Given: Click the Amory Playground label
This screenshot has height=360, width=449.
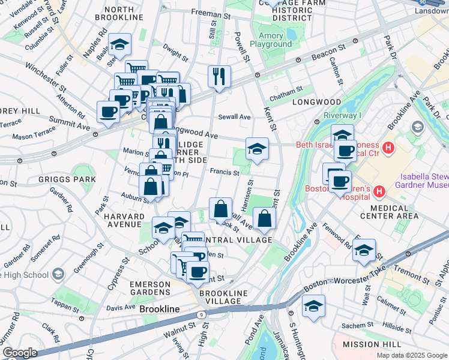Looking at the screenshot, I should pyautogui.click(x=271, y=40).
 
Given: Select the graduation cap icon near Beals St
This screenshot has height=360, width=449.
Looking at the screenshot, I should pyautogui.click(x=120, y=44).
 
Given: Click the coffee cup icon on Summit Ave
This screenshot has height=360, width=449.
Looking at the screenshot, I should pyautogui.click(x=108, y=112).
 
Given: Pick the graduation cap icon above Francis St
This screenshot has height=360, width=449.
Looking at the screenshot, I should pyautogui.click(x=256, y=149).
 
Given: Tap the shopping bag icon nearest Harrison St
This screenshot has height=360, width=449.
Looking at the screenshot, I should pyautogui.click(x=221, y=209).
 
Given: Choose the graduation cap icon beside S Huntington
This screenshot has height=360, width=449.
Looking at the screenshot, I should pyautogui.click(x=313, y=305).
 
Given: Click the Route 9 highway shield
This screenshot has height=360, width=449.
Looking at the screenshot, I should pyautogui.click(x=201, y=314).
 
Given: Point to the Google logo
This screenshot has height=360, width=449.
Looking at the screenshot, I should pyautogui.click(x=20, y=353).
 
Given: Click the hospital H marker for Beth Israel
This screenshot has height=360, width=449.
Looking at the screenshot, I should pyautogui.click(x=388, y=146).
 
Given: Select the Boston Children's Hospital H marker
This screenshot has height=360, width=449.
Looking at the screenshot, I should pyautogui.click(x=379, y=191).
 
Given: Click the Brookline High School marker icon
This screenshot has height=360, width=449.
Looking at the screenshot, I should pyautogui.click(x=58, y=274).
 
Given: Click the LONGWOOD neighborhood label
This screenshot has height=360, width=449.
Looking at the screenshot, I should pyautogui.click(x=316, y=102).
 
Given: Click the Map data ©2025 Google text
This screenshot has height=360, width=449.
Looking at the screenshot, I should pyautogui.click(x=411, y=355).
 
